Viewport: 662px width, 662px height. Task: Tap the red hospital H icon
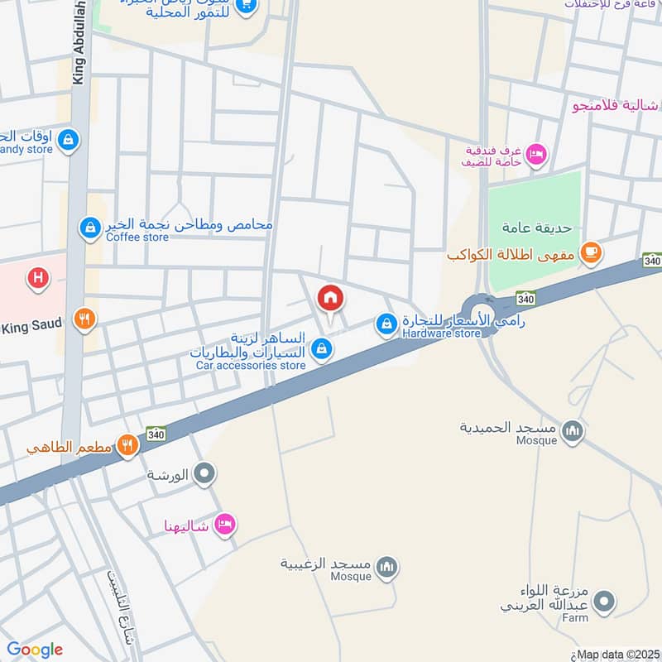(x=37, y=278)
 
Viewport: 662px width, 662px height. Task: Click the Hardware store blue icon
(x=386, y=324)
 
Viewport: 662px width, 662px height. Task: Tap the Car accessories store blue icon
(x=324, y=351)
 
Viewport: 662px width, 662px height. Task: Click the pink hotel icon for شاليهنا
(x=224, y=525)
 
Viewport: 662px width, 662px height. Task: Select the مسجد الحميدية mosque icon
(x=573, y=430)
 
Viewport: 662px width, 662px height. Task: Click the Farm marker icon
(x=605, y=602)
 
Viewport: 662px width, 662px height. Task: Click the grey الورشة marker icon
(x=204, y=475)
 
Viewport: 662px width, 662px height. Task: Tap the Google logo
(x=35, y=650)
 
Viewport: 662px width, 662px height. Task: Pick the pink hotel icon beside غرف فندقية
(x=536, y=153)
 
